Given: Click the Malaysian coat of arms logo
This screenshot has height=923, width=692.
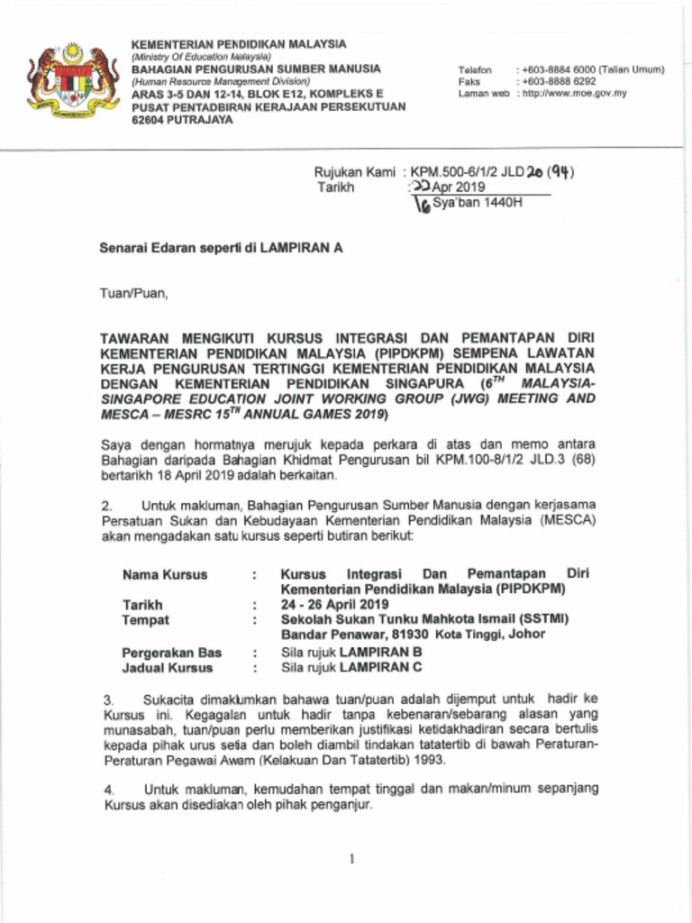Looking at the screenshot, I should tap(73, 78).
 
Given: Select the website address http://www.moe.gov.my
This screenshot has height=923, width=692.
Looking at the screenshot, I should tap(571, 94).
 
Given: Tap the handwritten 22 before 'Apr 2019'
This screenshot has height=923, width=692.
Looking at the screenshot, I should tap(420, 187).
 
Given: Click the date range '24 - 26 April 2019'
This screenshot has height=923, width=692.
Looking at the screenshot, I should tap(334, 604).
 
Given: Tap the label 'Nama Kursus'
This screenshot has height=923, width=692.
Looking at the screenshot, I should tap(165, 574).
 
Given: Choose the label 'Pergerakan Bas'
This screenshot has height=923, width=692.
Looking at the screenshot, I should tap(172, 652).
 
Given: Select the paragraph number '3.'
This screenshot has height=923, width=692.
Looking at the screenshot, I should tap(107, 699).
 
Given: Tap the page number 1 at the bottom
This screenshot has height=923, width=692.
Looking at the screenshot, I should tap(351, 859).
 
